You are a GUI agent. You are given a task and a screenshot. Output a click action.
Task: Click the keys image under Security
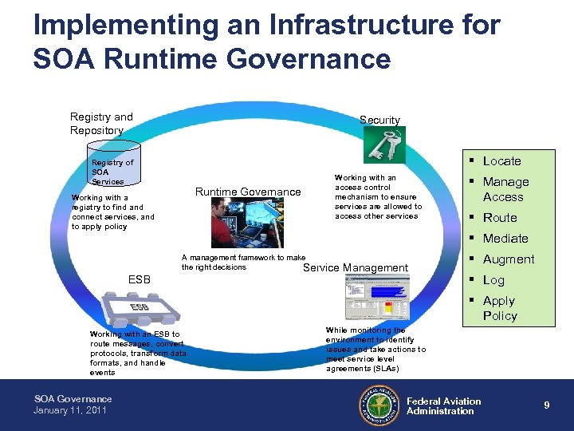[384, 144]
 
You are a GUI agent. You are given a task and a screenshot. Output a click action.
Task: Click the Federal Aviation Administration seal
[377, 405]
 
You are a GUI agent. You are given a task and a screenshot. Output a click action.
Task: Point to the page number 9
[546, 405]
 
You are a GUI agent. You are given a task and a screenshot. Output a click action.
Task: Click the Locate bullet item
[501, 160]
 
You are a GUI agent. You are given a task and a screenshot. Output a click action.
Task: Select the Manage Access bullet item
[505, 189]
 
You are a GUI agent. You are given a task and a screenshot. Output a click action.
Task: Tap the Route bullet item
[500, 218]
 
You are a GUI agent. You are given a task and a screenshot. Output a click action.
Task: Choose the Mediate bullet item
[505, 239]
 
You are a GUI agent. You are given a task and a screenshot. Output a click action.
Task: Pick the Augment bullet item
[509, 259]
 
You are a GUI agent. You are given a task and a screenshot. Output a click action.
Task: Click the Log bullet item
[493, 280]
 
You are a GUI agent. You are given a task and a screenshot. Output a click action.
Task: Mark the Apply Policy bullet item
[500, 308]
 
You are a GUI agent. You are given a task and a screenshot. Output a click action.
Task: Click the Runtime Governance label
[248, 192]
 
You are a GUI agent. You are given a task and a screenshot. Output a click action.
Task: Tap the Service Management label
[356, 268]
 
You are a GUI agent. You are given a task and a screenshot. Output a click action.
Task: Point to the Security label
[379, 121]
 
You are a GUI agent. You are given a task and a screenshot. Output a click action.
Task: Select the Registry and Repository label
[101, 124]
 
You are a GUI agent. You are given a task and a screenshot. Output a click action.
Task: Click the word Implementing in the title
[124, 25]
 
